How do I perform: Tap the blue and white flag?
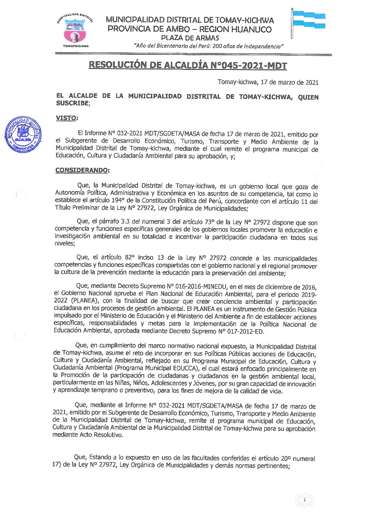coord(308,20)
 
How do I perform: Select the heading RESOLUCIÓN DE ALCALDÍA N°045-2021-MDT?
coord(188,66)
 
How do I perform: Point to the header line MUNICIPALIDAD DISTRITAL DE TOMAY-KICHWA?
coord(190,20)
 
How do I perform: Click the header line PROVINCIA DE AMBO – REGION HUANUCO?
coord(190,29)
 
